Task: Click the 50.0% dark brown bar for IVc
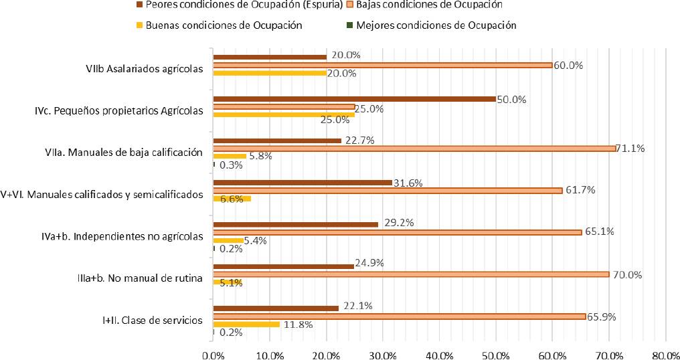click(x=354, y=99)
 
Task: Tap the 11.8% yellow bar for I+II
click(x=246, y=325)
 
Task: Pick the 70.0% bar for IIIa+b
click(x=410, y=274)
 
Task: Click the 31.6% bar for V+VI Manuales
click(x=302, y=182)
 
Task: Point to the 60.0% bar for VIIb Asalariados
click(x=382, y=65)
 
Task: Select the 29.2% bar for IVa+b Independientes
click(x=295, y=224)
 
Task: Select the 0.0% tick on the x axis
click(x=213, y=352)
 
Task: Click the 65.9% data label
click(x=600, y=316)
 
